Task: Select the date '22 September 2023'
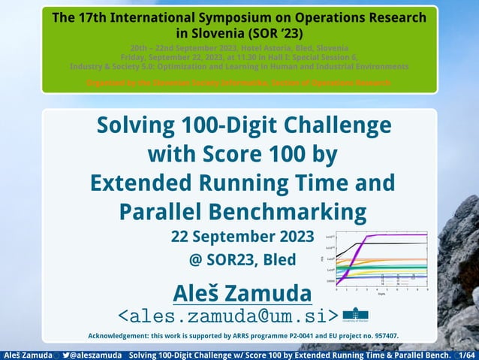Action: (243, 237)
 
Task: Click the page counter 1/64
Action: (466, 354)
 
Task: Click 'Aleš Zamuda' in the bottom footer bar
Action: (25, 354)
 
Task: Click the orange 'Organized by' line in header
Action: (239, 82)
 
